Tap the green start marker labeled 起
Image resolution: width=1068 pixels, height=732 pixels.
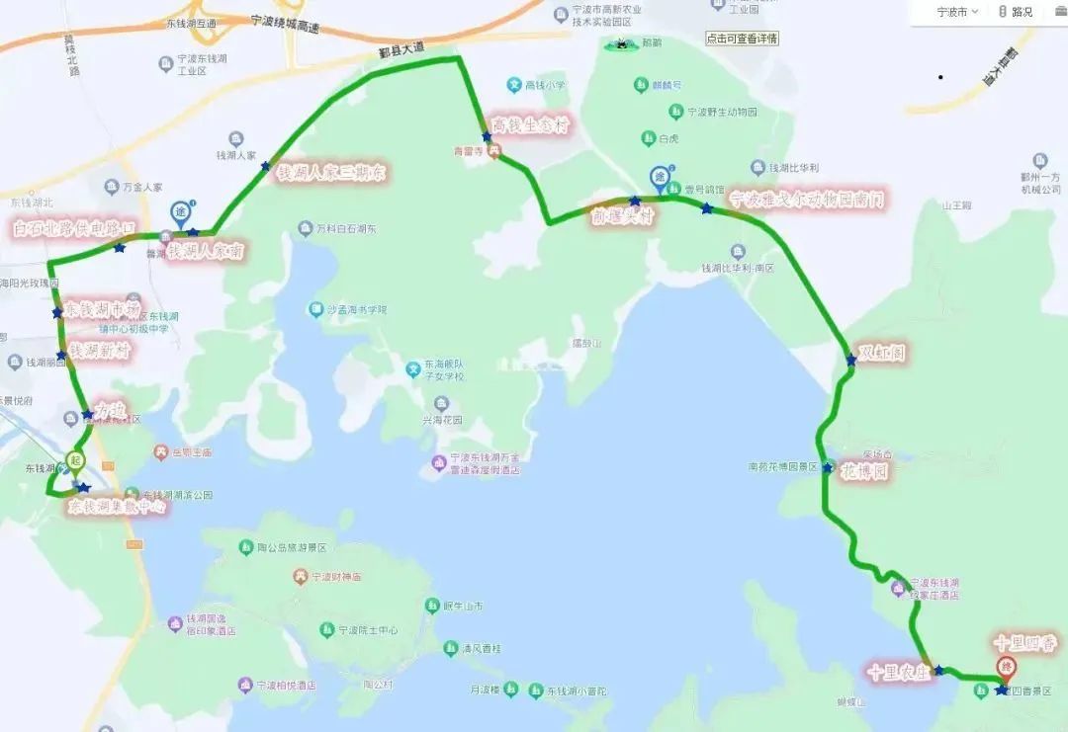pyautogui.click(x=75, y=461)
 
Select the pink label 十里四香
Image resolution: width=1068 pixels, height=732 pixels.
pyautogui.click(x=1024, y=644)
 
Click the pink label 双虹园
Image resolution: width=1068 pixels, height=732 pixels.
pyautogui.click(x=881, y=352)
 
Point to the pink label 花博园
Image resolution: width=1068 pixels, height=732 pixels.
pyautogui.click(x=865, y=471)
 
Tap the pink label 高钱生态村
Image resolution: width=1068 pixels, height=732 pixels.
pyautogui.click(x=531, y=125)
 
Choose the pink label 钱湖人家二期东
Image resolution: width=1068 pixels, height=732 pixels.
pyautogui.click(x=331, y=173)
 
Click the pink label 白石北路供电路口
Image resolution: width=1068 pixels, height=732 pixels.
pyautogui.click(x=73, y=228)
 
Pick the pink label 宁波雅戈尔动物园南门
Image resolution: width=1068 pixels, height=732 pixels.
pyautogui.click(x=806, y=201)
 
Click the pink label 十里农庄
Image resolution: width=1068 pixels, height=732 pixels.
pyautogui.click(x=897, y=672)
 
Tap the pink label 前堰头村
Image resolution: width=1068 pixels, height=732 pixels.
pyautogui.click(x=622, y=216)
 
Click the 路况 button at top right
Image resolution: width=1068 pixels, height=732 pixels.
pyautogui.click(x=1015, y=12)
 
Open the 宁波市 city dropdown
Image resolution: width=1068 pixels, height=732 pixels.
pyautogui.click(x=957, y=12)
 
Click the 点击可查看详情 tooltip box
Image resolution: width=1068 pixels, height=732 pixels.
pyautogui.click(x=742, y=39)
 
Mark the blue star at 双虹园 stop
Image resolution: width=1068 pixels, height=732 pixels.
pyautogui.click(x=850, y=361)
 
